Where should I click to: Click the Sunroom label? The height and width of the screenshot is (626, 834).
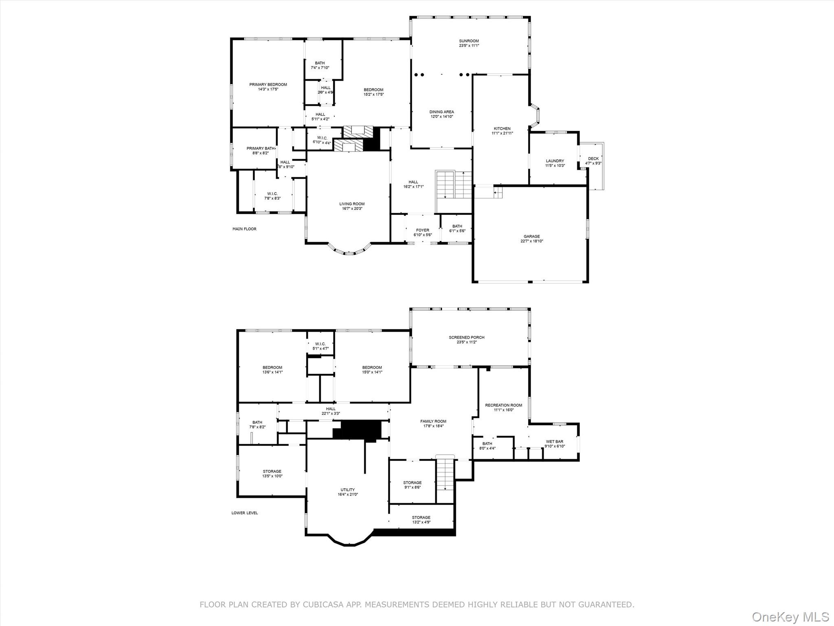pos(469,41)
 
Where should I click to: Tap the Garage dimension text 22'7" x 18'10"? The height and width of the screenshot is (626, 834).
pos(531,241)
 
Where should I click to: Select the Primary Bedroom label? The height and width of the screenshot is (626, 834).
pos(268,84)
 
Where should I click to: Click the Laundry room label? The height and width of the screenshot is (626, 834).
pos(555,161)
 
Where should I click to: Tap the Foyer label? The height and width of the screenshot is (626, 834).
pos(422,230)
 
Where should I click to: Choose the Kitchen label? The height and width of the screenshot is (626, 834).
pos(502,128)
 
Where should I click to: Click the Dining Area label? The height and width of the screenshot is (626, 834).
pos(441,112)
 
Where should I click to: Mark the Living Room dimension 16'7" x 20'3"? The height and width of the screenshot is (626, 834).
pos(352,209)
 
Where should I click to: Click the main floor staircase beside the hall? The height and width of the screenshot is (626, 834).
pos(453,186)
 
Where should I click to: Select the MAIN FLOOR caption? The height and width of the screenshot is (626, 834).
pos(244,229)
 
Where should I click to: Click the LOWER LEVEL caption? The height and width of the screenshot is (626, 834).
pos(244,513)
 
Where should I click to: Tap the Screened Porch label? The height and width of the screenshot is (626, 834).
pos(466,337)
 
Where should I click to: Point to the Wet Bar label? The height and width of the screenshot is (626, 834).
pos(554,441)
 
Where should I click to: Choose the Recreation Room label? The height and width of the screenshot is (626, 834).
pos(503,405)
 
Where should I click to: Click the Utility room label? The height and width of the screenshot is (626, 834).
pos(347,490)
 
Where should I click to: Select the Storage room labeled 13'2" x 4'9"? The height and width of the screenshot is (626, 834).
pos(421,520)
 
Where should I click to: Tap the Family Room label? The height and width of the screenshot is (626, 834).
pos(433,421)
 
